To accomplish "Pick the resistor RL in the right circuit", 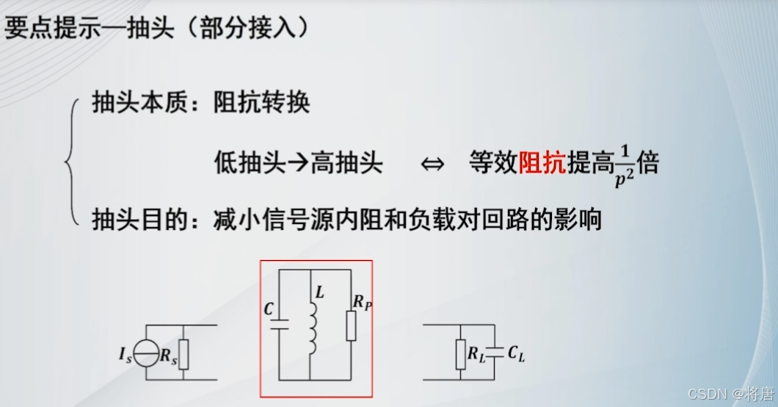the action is (x=462, y=354).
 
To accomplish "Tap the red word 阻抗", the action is (x=542, y=162).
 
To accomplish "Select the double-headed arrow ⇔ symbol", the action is (x=433, y=164).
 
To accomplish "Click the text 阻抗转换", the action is (x=262, y=102).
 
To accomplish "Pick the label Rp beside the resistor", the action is (x=361, y=301).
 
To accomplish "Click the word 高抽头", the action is (x=346, y=162).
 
